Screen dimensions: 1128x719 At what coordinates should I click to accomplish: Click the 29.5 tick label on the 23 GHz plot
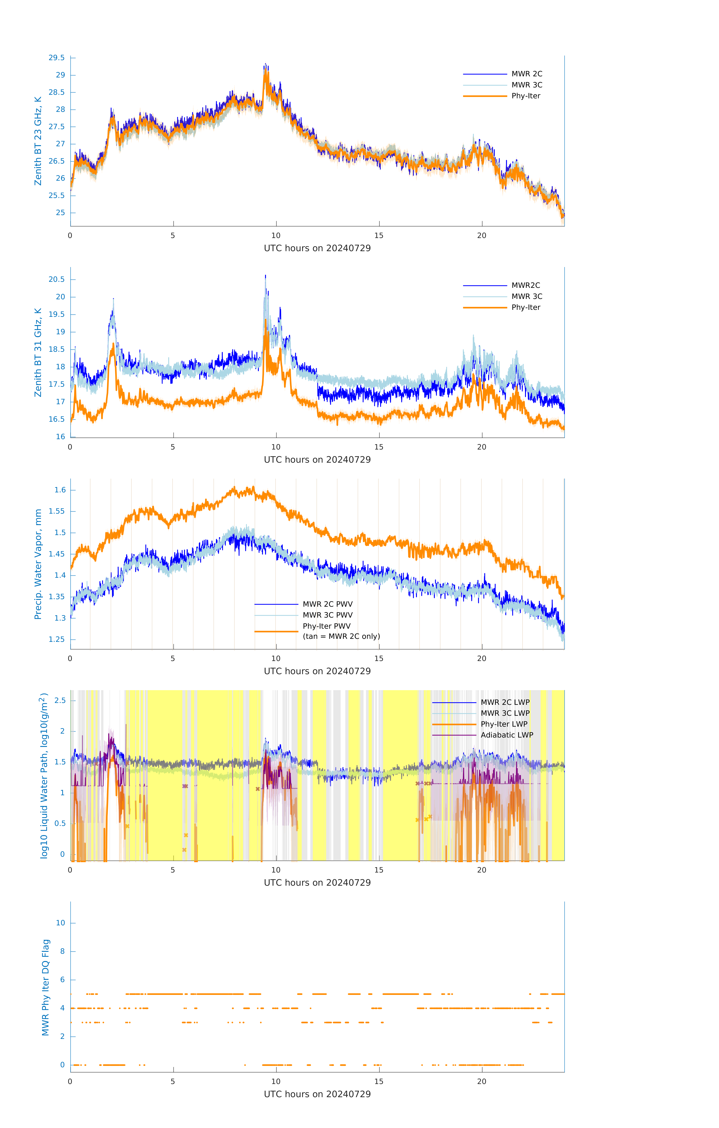tap(57, 58)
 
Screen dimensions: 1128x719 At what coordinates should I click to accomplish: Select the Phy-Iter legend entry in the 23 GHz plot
tap(526, 96)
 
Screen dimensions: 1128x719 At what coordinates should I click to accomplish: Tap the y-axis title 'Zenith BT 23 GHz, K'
tap(38, 141)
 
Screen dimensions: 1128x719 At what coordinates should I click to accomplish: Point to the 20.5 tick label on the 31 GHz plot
tap(57, 279)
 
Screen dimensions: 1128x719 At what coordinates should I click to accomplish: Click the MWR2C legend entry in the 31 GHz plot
tap(526, 285)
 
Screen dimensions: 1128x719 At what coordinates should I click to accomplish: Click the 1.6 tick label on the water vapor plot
tap(60, 490)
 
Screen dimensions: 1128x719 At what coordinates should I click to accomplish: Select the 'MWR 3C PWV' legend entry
tap(327, 615)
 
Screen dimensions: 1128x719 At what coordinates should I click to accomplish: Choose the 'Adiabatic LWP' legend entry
tap(507, 735)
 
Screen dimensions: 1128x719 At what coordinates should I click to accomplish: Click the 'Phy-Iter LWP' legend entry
tap(504, 724)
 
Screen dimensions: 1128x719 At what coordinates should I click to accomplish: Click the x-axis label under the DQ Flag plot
tap(317, 1094)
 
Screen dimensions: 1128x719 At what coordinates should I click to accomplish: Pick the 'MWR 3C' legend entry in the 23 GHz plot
tap(527, 85)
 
